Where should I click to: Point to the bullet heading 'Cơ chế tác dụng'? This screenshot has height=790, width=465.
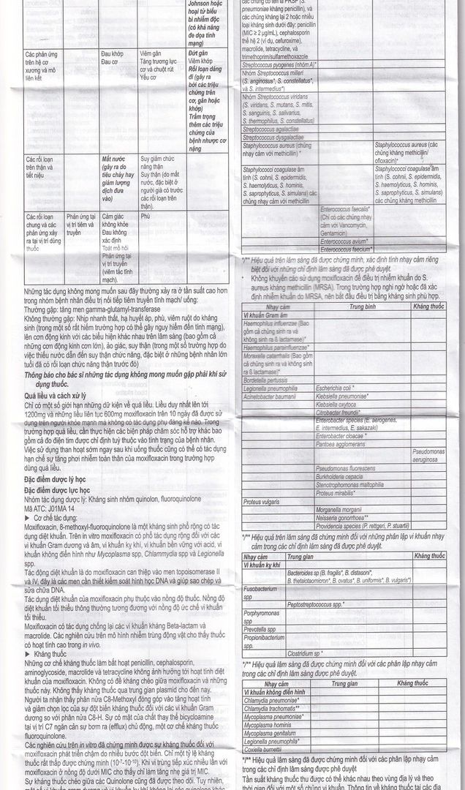(x=59, y=516)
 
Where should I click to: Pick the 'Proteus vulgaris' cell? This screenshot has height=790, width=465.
(x=261, y=502)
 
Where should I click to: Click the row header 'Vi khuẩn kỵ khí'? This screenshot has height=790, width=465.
(x=262, y=565)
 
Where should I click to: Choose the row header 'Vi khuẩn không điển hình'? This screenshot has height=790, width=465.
(x=274, y=691)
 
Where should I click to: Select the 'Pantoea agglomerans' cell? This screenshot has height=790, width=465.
(x=341, y=444)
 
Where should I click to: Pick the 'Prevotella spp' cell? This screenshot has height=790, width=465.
(x=260, y=628)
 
